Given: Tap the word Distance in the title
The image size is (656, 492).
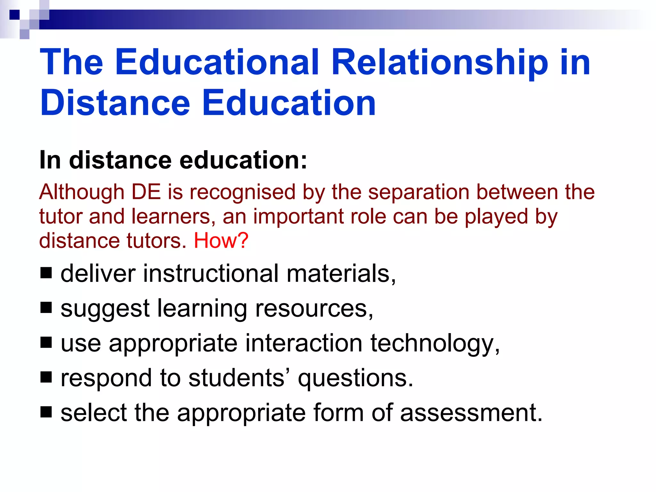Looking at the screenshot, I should [x=115, y=103].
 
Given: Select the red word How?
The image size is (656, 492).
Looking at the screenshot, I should [x=221, y=241].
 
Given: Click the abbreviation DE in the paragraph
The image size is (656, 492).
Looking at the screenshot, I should [x=146, y=192].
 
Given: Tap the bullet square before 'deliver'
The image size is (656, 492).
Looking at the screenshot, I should [x=46, y=273].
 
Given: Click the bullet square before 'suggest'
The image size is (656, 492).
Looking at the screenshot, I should [x=46, y=308].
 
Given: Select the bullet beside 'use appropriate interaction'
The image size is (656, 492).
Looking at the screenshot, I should [x=46, y=342].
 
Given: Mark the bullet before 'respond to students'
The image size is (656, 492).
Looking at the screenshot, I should [x=46, y=377].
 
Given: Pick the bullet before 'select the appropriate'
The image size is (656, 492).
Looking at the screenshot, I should [x=46, y=412].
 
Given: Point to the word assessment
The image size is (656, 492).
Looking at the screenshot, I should [x=471, y=413].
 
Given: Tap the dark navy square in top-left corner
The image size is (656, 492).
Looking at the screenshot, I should [x=14, y=15].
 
